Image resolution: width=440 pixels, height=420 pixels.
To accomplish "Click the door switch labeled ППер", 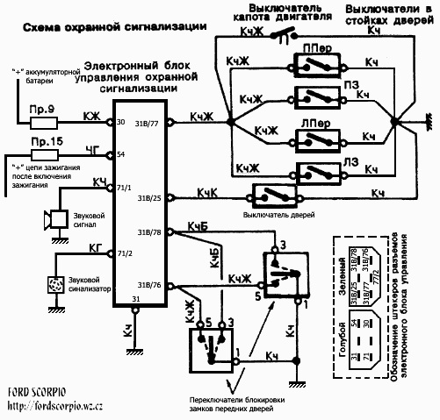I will pos(314,64).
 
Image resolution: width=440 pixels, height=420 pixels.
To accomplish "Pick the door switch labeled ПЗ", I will pos(314,94).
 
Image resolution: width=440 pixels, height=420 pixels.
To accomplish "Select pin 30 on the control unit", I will pos(119,122).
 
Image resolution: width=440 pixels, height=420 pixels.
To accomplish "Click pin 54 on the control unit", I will pos(119,153).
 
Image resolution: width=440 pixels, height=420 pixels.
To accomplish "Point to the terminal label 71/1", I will pos(124,189).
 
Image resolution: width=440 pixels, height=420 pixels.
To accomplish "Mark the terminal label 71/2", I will pos(124,253).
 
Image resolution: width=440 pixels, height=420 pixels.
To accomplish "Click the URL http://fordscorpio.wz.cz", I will pos(54,406).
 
